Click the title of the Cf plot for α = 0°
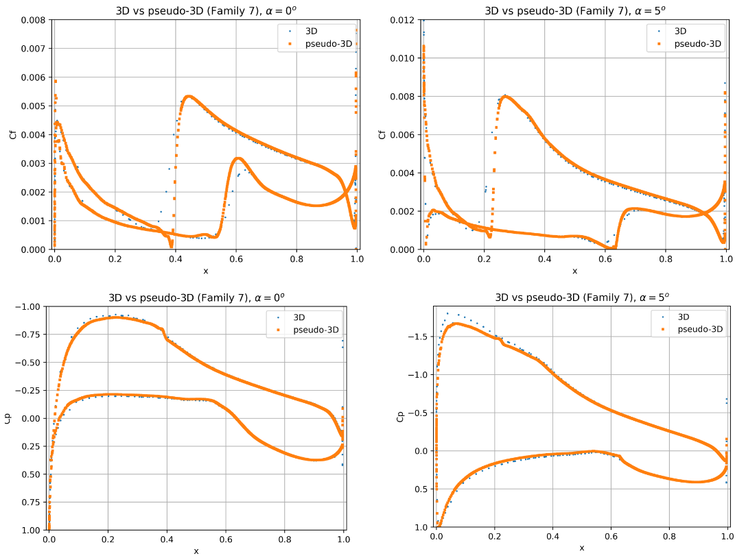pos(205,10)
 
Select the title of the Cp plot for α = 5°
pos(581,298)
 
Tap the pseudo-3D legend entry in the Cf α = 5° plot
pos(697,44)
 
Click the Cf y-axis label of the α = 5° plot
pos(382,134)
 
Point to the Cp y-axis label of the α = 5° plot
pos(401,416)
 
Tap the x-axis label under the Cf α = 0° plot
pos(205,271)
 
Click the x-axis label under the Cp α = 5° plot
pos(581,548)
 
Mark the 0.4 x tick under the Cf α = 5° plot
pos(544,260)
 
